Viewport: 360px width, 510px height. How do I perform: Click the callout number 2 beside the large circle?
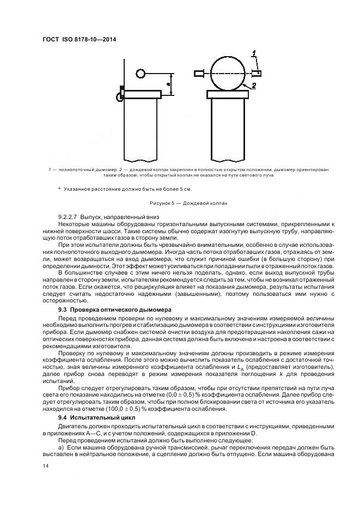(x=254, y=85)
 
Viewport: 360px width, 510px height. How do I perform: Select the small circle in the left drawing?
(x=140, y=74)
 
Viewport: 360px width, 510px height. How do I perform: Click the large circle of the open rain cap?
(x=224, y=74)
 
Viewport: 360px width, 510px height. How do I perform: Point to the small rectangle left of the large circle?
(x=198, y=74)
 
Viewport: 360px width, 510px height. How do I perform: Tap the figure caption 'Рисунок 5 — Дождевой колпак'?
(x=187, y=203)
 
